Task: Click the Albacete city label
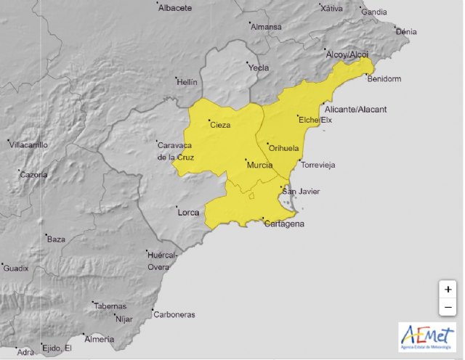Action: coord(176,8)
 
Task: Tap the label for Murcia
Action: coord(259,165)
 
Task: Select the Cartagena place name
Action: coord(283,224)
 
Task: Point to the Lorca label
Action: coord(187,213)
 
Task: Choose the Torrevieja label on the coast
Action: coord(318,165)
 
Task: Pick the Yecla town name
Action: coord(258,67)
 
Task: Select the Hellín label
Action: coord(187,83)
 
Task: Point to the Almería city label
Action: coord(100,339)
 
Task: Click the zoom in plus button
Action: coord(448,289)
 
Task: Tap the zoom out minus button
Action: coord(448,307)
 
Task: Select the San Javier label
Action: coord(301,192)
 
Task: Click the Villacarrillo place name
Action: coord(28,145)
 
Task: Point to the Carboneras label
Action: coord(174,315)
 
